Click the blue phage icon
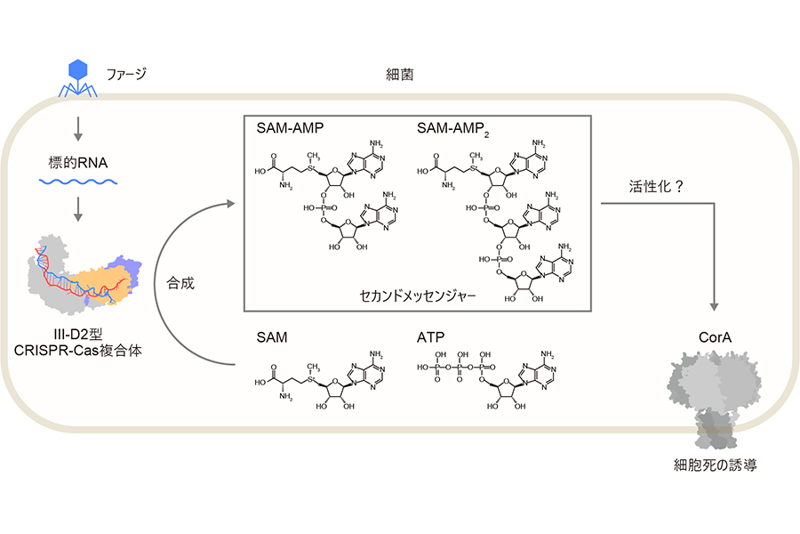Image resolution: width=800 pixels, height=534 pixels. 77,77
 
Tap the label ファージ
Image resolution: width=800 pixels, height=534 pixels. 126,74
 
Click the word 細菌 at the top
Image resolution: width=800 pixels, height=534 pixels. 399,75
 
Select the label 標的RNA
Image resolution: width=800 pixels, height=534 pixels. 78,163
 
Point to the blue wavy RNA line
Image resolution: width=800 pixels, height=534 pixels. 78,182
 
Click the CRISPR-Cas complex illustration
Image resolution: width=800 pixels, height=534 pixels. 84,274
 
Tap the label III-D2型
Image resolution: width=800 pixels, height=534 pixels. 78,335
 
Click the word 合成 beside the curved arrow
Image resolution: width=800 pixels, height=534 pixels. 180,283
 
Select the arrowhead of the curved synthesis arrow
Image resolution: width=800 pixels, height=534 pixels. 230,204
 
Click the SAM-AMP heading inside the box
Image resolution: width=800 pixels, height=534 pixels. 290,128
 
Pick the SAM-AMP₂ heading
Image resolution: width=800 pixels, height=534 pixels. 453,129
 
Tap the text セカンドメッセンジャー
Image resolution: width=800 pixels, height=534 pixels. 418,295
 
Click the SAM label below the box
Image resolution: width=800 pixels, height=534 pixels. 271,337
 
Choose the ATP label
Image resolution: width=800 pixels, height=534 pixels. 430,337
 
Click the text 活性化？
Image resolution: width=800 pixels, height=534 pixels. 656,187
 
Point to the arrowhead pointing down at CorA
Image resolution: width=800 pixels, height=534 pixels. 715,306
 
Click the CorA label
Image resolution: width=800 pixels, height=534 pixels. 715,337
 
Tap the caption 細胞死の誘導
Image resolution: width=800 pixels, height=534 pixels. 716,465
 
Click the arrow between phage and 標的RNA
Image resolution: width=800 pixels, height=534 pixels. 78,129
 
